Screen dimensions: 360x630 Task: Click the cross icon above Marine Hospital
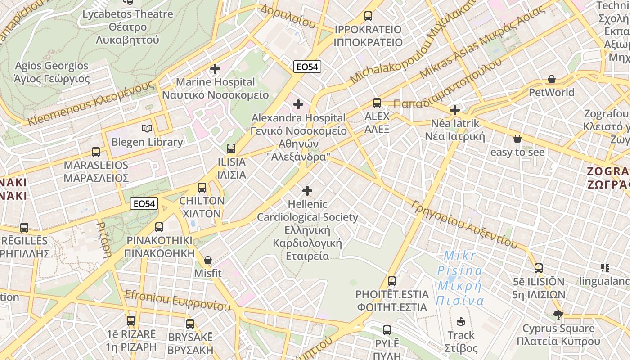[215, 69]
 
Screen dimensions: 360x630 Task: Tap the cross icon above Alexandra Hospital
[298, 104]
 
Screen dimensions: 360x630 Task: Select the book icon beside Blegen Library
[147, 129]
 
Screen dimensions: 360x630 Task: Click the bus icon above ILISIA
[231, 148]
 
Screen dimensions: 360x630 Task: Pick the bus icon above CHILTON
[202, 187]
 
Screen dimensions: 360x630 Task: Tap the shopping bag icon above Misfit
[208, 260]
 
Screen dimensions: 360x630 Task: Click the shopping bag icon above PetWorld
[552, 79]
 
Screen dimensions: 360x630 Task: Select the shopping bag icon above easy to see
[517, 139]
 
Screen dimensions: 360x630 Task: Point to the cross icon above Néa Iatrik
[455, 110]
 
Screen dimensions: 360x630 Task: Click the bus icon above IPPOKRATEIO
[368, 16]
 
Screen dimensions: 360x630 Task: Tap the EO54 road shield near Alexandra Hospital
[307, 67]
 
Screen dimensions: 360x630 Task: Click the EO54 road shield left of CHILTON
[144, 204]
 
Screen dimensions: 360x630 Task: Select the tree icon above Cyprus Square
[558, 315]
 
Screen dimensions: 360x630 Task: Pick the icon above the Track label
[460, 321]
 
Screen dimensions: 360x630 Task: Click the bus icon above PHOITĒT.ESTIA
[392, 281]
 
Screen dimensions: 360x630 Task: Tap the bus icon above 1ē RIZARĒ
[131, 321]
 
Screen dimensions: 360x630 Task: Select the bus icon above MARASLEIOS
[96, 152]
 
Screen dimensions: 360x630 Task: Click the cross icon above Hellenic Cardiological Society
[307, 191]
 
